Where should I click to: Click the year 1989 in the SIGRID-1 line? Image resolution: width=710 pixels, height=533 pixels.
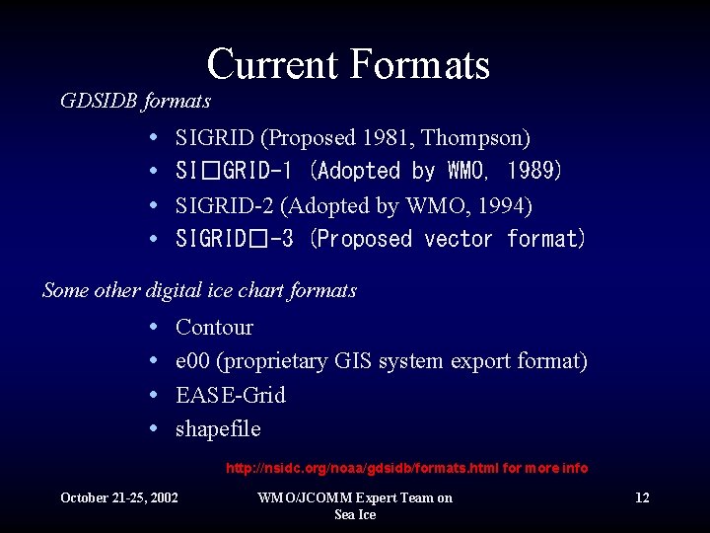533,171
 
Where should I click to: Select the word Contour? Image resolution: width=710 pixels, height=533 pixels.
214,327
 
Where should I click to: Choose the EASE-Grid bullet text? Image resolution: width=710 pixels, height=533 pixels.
230,395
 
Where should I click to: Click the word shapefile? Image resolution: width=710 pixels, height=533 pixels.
218,429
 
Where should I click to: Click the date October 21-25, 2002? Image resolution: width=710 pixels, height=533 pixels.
119,497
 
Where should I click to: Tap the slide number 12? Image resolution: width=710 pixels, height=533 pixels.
642,497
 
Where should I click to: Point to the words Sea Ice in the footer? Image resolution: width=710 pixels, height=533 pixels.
355,514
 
